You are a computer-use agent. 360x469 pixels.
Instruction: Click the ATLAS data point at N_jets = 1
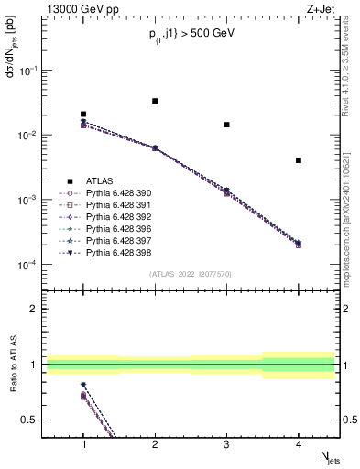(83, 115)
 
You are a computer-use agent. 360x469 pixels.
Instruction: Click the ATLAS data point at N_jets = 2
(155, 101)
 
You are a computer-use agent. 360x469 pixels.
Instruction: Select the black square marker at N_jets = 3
(226, 125)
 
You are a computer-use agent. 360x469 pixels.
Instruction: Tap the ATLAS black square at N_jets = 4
(299, 160)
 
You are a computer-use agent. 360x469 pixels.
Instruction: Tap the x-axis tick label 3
(226, 443)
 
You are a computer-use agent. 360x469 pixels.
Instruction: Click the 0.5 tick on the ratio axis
(34, 420)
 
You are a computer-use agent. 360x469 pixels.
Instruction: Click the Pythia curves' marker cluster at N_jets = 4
(299, 244)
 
